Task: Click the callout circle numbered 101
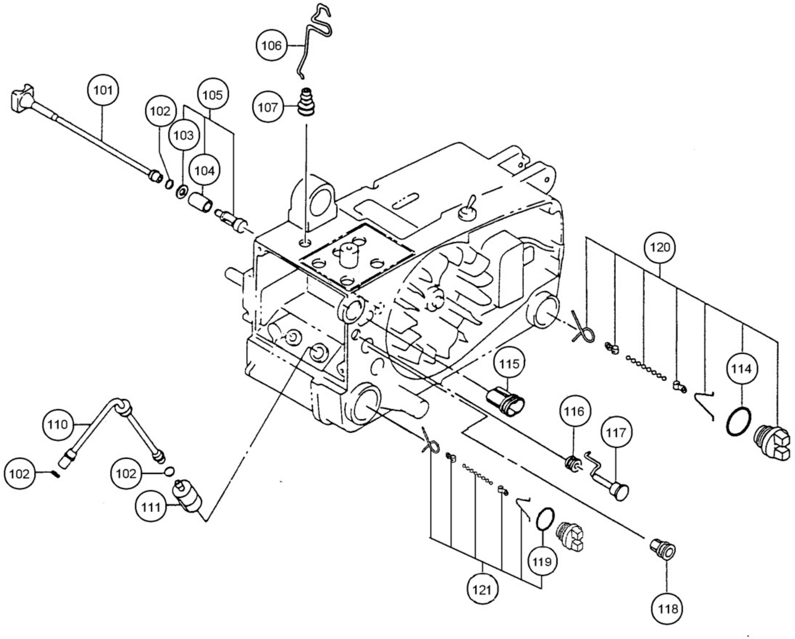(103, 90)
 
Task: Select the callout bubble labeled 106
(271, 46)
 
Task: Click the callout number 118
(668, 609)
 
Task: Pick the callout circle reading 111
(151, 507)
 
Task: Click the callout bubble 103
(184, 135)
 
